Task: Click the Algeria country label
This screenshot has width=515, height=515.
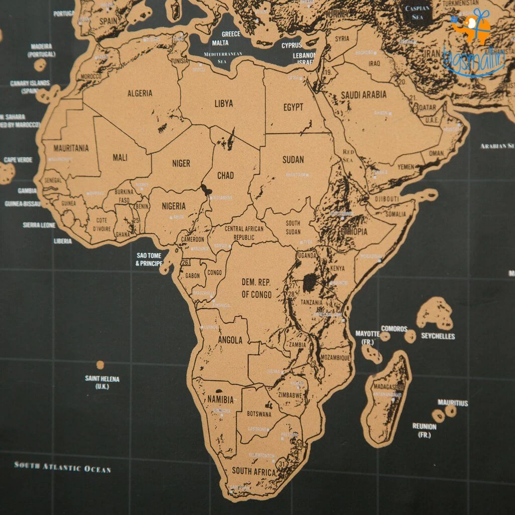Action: click(140, 94)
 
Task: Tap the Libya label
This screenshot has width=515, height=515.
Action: click(224, 104)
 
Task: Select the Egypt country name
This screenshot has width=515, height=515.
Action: click(293, 107)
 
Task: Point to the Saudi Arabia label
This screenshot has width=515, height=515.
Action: click(364, 95)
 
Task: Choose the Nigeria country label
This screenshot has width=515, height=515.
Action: click(174, 206)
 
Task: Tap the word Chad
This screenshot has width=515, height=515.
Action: click(225, 176)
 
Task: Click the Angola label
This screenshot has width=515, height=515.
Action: click(230, 340)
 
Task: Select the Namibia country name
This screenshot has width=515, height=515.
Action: click(220, 400)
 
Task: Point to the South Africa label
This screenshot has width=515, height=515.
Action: click(254, 472)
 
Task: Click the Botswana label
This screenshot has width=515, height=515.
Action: click(259, 414)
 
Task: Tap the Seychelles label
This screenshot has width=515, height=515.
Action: click(438, 336)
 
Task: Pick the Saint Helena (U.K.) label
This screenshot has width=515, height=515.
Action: click(102, 382)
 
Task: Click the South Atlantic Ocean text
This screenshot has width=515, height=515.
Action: click(62, 467)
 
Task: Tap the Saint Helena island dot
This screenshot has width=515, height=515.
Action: click(100, 365)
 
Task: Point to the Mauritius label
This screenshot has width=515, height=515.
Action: click(453, 403)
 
